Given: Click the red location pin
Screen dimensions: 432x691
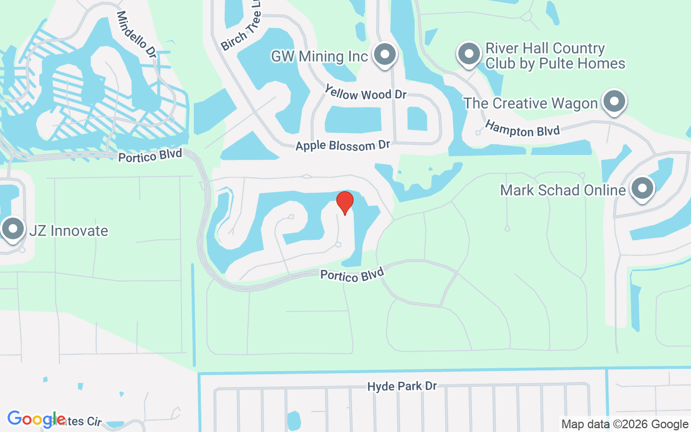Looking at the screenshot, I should click(345, 202).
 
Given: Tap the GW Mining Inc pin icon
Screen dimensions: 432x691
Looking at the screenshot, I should click(384, 55).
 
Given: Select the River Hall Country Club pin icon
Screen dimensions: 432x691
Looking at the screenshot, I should click(469, 54).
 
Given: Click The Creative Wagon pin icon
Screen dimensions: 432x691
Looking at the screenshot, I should click(613, 101).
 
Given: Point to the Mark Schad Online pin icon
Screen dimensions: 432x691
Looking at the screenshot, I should click(642, 188).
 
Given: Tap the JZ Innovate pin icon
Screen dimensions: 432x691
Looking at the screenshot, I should click(12, 229).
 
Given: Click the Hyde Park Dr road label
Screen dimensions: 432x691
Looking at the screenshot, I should click(402, 387).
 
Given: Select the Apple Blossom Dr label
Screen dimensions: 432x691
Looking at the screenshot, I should click(342, 146).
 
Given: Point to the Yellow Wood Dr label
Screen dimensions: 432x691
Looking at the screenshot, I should click(365, 92).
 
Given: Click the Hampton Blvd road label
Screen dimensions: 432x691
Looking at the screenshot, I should click(522, 129).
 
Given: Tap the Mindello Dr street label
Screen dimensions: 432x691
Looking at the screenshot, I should click(136, 35).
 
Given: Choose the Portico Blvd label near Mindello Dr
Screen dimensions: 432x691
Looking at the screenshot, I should click(150, 156).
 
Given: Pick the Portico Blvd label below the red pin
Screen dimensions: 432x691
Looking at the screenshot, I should click(352, 274).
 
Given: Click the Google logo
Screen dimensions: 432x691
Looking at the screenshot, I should click(36, 419).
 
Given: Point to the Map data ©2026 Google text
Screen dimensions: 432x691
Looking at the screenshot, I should click(625, 424).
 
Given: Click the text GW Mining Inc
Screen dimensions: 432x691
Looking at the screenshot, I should click(319, 56).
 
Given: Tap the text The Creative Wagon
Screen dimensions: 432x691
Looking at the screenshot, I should click(531, 103).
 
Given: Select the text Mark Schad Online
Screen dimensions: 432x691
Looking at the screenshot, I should click(563, 190).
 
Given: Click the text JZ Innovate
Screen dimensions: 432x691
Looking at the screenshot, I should click(69, 231).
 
